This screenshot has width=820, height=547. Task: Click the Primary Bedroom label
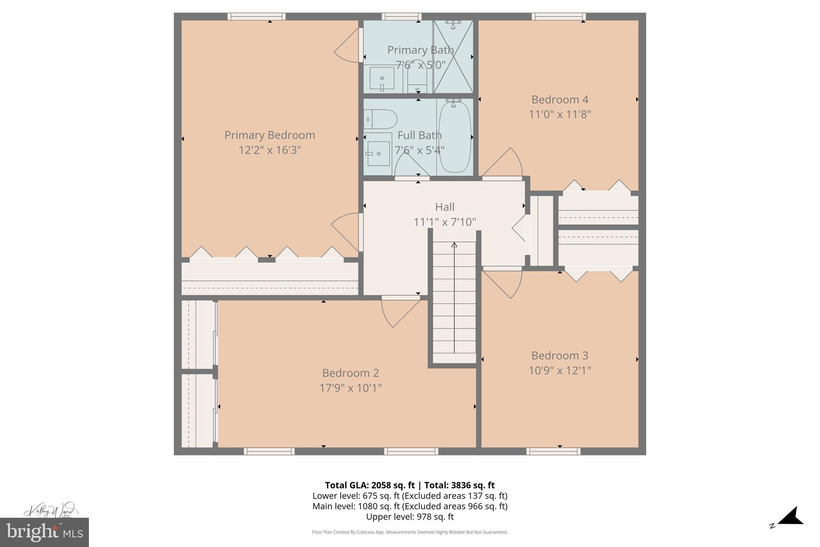click(x=269, y=135)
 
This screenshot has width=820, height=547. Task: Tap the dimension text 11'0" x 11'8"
click(x=560, y=115)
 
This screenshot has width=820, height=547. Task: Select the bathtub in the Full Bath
click(x=455, y=137)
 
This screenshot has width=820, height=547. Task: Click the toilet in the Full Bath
click(x=380, y=119)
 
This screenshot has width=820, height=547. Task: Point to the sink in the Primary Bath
click(x=382, y=79)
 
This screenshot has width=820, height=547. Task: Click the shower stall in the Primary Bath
click(x=453, y=57)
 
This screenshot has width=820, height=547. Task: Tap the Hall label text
click(x=444, y=207)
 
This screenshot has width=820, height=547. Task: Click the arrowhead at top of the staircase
click(x=454, y=244)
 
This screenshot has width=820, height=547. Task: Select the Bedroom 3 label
click(x=559, y=355)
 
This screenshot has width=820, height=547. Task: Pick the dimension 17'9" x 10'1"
click(x=350, y=388)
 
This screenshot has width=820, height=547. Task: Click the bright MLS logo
click(x=44, y=532)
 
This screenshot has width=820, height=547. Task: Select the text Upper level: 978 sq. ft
click(x=410, y=517)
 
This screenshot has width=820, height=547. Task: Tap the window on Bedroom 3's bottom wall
click(x=553, y=451)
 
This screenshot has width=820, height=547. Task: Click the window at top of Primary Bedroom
click(x=256, y=16)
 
